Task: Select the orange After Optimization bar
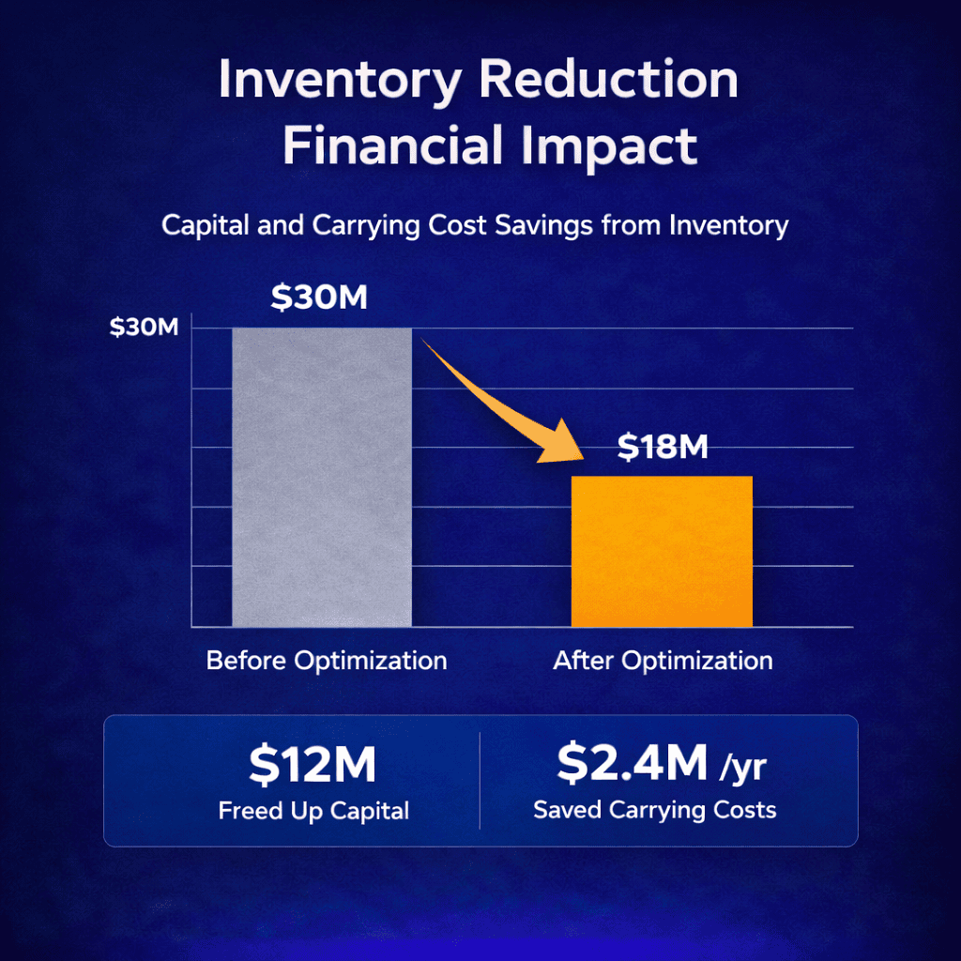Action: pos(662,551)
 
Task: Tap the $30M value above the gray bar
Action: pos(319,297)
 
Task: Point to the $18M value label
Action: pos(662,448)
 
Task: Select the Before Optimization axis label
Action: pos(326,660)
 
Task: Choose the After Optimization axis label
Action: pos(663,660)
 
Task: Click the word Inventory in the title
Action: pos(339,83)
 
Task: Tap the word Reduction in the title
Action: pos(609,83)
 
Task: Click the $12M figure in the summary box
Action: pos(313,765)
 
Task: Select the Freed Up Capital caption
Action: pos(313,810)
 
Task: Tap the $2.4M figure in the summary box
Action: pos(632,763)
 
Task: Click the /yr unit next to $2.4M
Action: pos(742,768)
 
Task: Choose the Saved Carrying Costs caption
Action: pos(654,810)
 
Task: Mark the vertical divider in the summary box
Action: pos(480,780)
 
